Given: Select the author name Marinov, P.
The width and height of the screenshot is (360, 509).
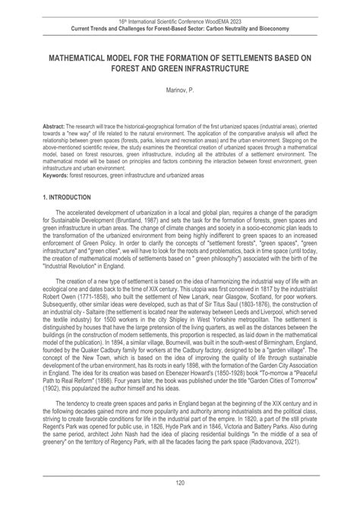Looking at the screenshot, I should pos(180,90).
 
